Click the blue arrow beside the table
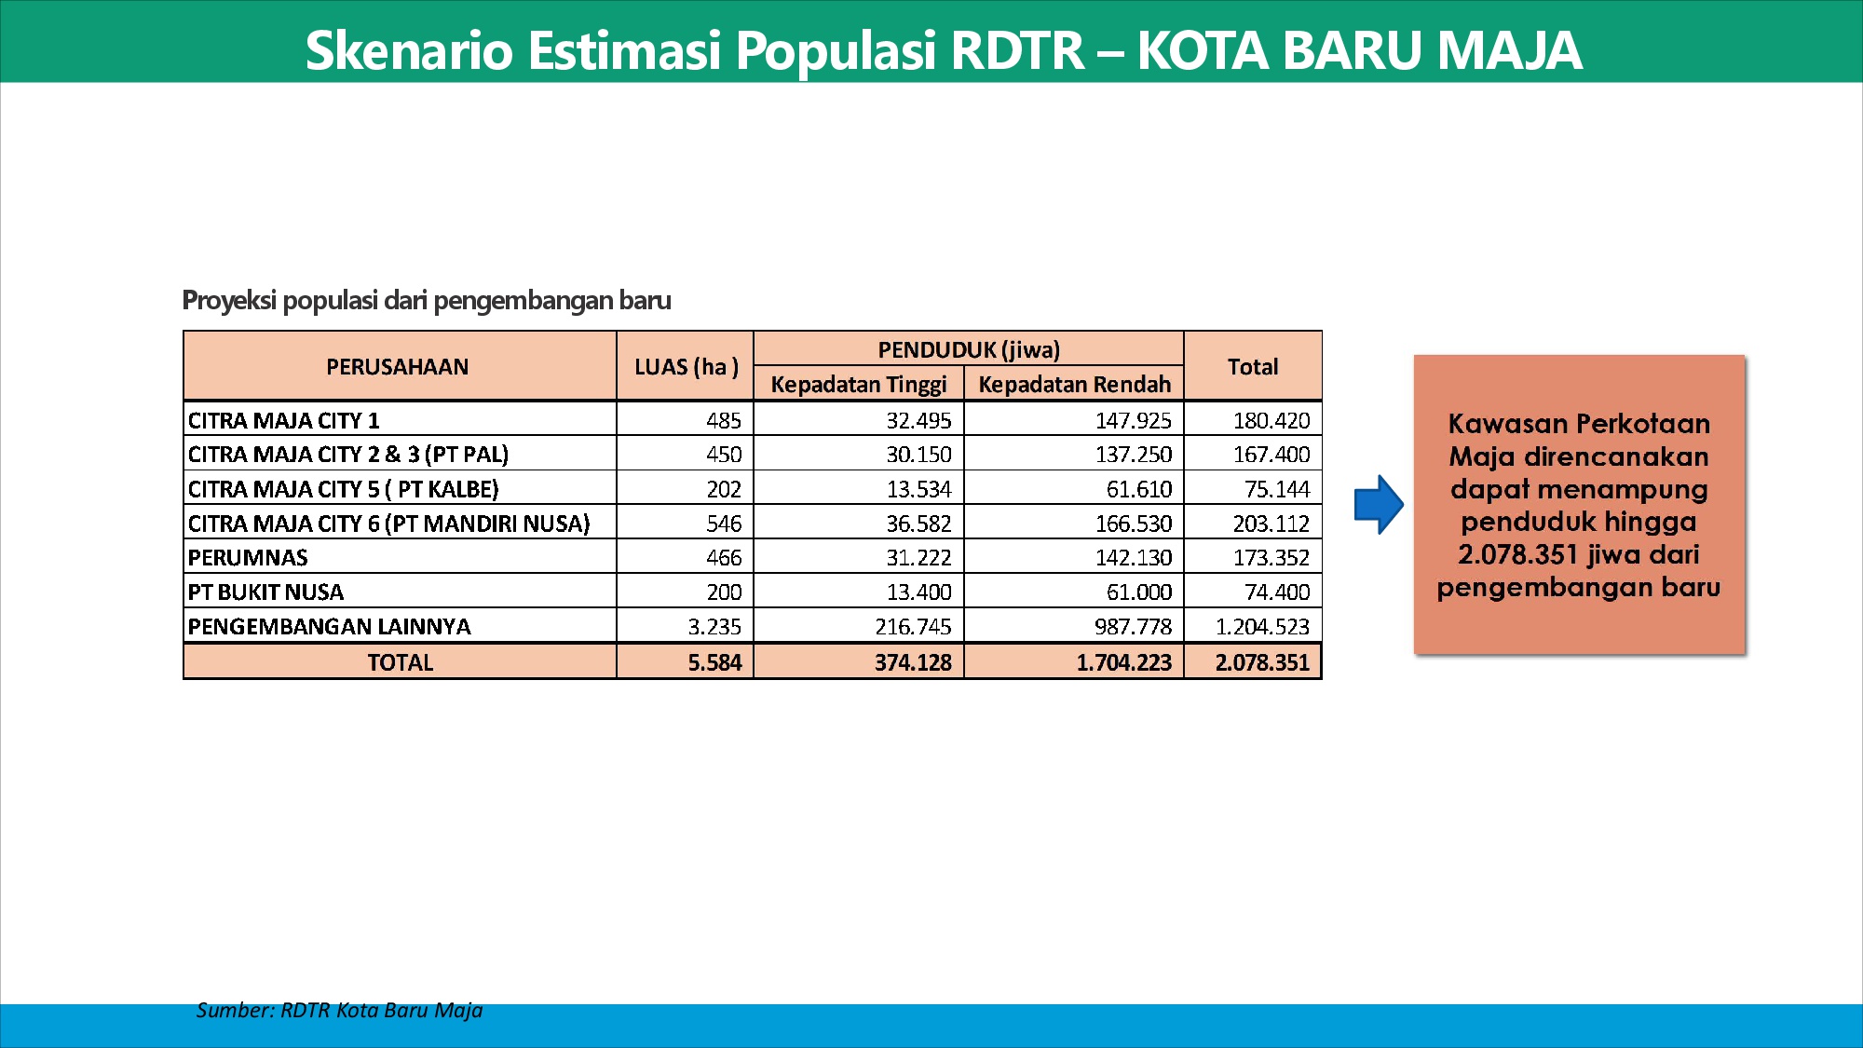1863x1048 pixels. [x=1379, y=504]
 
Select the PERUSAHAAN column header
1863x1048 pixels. [x=397, y=367]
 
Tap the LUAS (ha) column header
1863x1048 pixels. [x=687, y=367]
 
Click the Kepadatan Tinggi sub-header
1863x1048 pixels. [x=859, y=385]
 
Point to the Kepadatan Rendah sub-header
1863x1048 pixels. [x=1074, y=385]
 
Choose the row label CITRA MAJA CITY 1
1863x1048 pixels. [x=283, y=420]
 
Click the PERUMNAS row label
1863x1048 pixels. [x=248, y=558]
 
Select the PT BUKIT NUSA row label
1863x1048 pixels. [x=265, y=592]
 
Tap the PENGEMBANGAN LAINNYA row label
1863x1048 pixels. [x=329, y=627]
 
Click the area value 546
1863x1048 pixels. [x=724, y=524]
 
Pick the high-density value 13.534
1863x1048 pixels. [x=918, y=489]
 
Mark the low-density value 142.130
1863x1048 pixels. [x=1133, y=558]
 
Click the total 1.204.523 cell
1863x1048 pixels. [x=1262, y=627]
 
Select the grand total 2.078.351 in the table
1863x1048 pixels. [x=1262, y=662]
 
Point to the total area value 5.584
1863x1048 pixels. [x=714, y=662]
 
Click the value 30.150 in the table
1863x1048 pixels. [x=918, y=455]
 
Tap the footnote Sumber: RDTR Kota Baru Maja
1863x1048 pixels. [x=339, y=1011]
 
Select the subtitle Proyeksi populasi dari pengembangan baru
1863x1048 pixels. [x=427, y=301]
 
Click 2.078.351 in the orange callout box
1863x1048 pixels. [x=1517, y=555]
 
